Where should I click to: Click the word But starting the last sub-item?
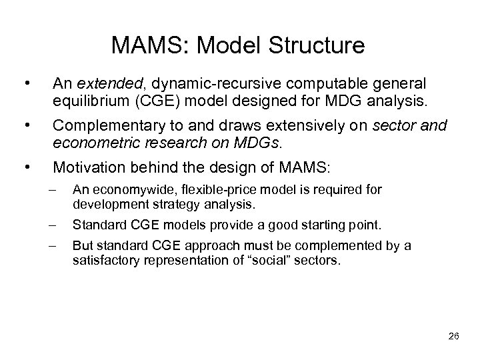point(82,245)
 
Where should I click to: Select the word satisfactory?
point(102,261)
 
